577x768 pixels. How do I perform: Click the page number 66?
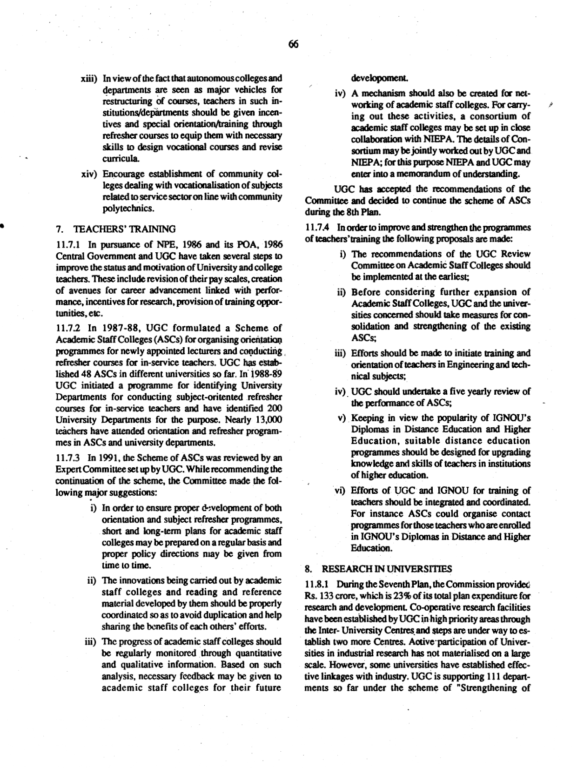[x=293, y=45]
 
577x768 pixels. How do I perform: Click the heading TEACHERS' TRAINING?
[x=124, y=229]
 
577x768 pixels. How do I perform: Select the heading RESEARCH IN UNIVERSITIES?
[x=386, y=569]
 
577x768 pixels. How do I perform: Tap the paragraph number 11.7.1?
[x=69, y=245]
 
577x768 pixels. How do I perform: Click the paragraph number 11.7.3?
[x=69, y=458]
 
